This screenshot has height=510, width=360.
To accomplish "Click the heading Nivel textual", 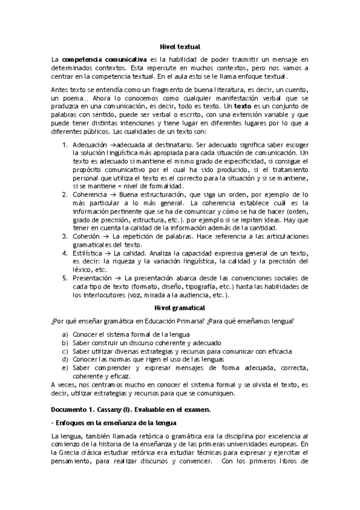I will click(x=180, y=46).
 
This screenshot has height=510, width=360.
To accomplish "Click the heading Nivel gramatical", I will click(x=180, y=307).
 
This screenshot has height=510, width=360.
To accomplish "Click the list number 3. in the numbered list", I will click(x=66, y=236).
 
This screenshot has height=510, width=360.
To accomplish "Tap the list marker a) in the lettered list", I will click(x=66, y=334).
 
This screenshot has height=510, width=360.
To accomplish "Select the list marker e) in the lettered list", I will click(x=66, y=367).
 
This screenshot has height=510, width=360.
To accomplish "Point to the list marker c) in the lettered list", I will click(x=66, y=351).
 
